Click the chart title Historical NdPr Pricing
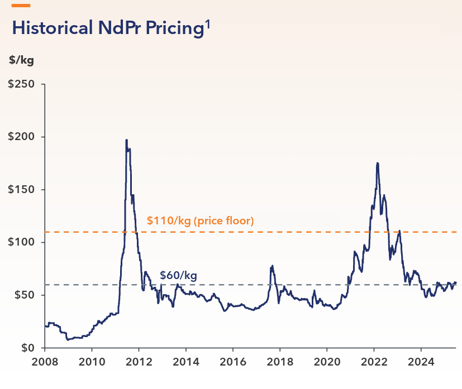(x=106, y=28)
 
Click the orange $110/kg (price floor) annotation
(x=200, y=220)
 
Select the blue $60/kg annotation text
(x=178, y=275)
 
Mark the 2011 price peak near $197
(x=126, y=140)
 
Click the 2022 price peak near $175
(x=378, y=163)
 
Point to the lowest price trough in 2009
(x=67, y=339)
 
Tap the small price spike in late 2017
(x=272, y=266)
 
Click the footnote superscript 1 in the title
(x=207, y=23)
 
